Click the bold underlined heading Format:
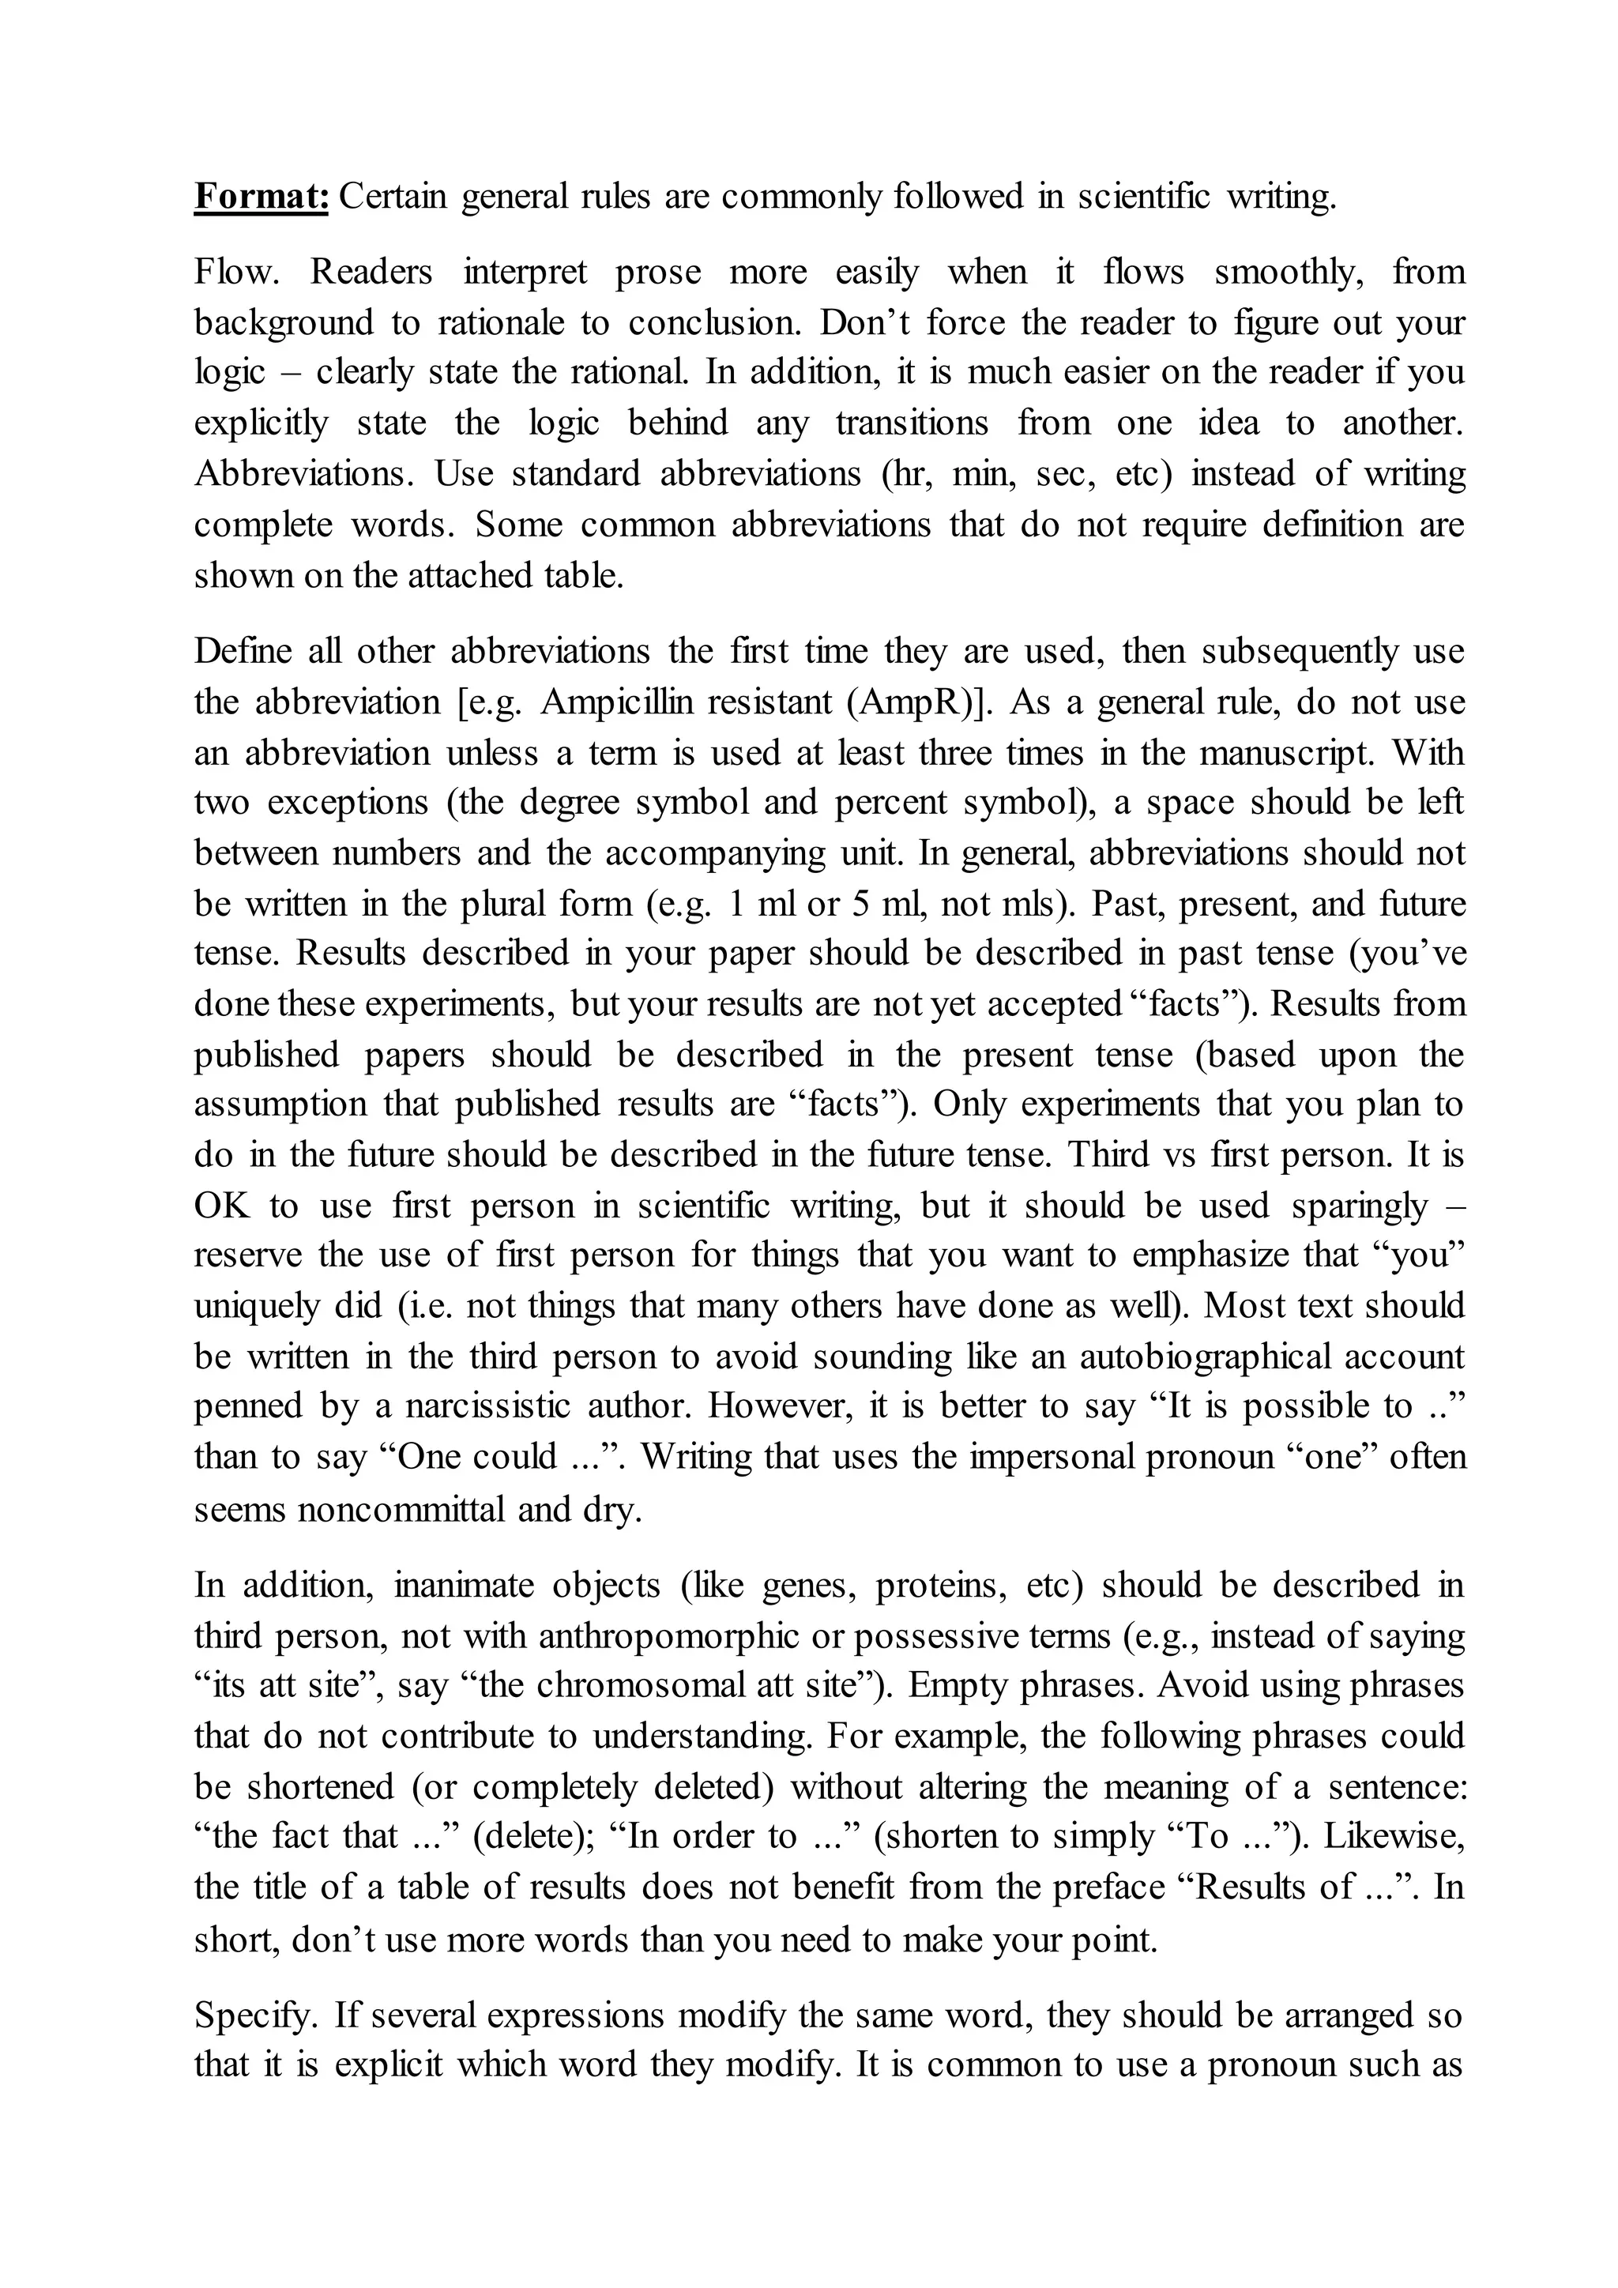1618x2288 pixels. coord(261,196)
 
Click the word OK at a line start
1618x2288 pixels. coord(221,1206)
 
